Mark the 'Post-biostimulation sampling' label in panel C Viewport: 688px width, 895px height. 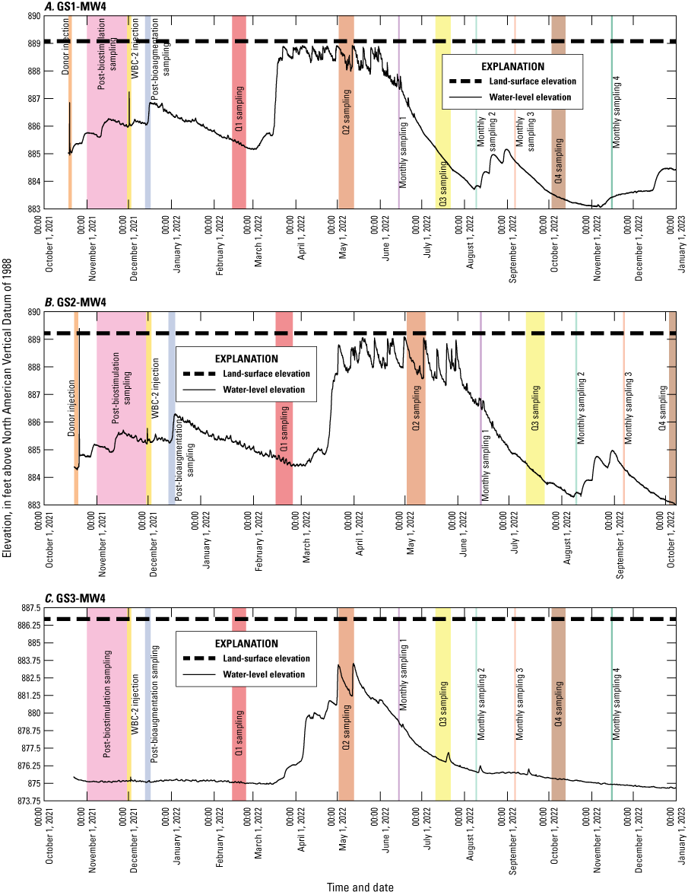[107, 704]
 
